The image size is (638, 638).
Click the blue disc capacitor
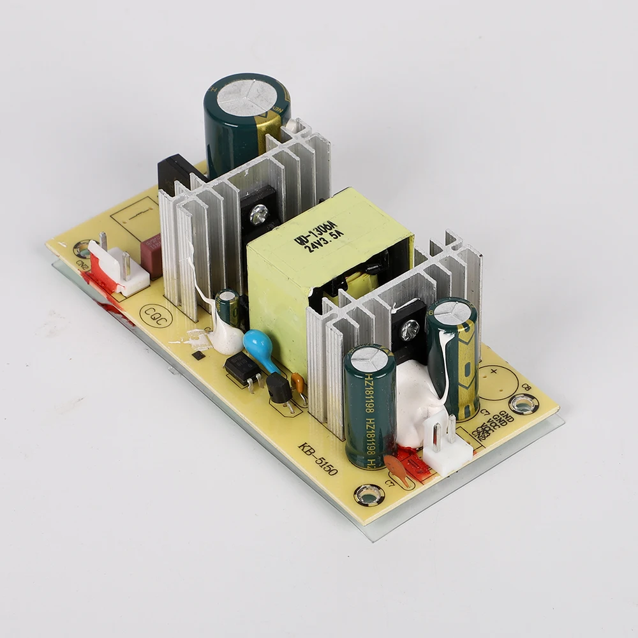[258, 345]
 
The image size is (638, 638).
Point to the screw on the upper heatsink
[259, 213]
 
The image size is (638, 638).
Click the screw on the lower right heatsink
[410, 329]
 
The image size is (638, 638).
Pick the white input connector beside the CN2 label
[118, 271]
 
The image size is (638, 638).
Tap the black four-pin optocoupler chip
[242, 369]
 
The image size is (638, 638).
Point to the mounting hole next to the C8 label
[523, 403]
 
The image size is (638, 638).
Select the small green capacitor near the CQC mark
[227, 308]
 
